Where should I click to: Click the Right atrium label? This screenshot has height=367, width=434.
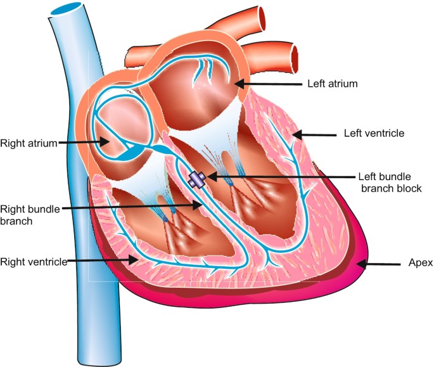[x=29, y=143]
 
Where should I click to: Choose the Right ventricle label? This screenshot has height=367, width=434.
[x=34, y=261]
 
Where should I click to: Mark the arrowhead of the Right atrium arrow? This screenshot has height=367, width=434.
[x=111, y=143]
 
